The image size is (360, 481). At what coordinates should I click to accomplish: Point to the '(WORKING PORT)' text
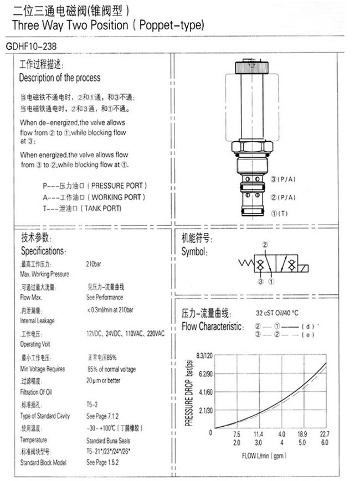pos(117,196)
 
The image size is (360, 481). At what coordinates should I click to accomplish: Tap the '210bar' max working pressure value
pos(93,264)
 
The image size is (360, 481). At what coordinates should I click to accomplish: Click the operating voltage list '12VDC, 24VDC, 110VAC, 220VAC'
pos(125,333)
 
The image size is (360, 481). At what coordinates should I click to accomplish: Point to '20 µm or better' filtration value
pos(103,380)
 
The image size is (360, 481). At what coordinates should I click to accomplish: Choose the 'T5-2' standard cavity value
pos(92,405)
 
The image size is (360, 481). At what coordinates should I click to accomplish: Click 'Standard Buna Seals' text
pos(108,440)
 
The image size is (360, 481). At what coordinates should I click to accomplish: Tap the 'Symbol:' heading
pos(194,251)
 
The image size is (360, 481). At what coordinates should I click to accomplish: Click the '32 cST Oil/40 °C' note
pos(277,312)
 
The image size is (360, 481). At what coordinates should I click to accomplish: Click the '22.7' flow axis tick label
pos(325,435)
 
